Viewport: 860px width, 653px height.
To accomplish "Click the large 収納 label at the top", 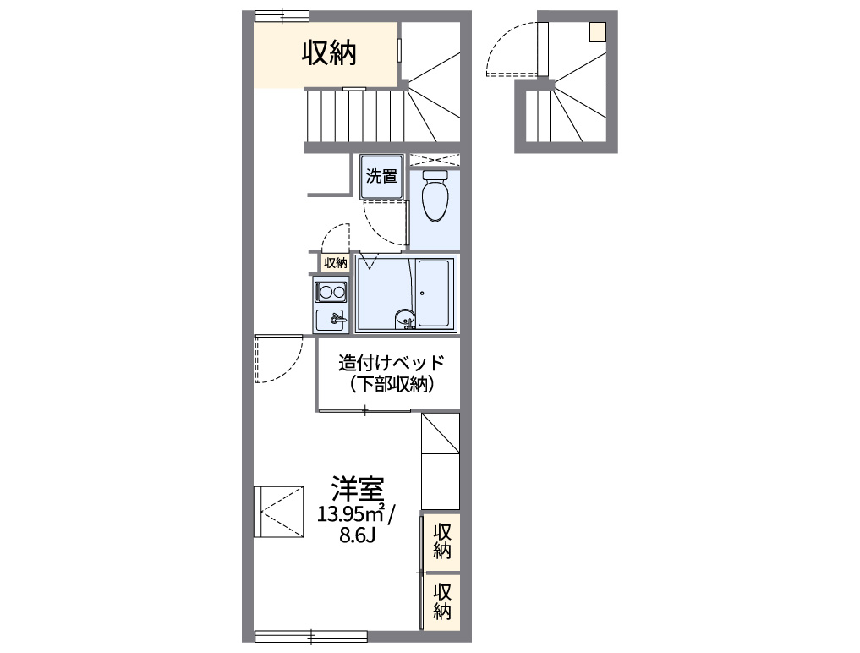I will pos(330,53).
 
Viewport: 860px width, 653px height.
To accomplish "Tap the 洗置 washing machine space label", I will pos(381,177).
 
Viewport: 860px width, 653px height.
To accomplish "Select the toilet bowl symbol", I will pos(435,196).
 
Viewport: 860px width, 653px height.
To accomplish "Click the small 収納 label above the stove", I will pos(336,263).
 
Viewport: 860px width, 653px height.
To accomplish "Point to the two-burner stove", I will pos(331,293).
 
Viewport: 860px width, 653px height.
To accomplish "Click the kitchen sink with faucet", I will pos(331,320).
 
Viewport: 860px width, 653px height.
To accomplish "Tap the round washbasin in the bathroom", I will pos(404,319).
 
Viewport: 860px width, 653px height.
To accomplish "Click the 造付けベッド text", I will pos(391,363).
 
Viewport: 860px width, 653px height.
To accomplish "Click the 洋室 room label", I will pos(357,488).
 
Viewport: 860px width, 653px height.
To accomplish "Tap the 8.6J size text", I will pos(357,535).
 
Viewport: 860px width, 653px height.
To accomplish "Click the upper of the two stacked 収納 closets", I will pos(441,541).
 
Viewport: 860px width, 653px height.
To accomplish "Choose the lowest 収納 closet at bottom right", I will pos(441,601).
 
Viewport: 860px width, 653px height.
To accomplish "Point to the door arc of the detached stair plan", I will pos(508,52).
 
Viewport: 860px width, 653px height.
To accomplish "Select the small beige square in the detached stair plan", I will pos(598,31).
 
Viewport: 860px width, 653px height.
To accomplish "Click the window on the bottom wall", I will pos(310,636).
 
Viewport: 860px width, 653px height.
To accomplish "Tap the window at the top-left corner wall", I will pos(282,15).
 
